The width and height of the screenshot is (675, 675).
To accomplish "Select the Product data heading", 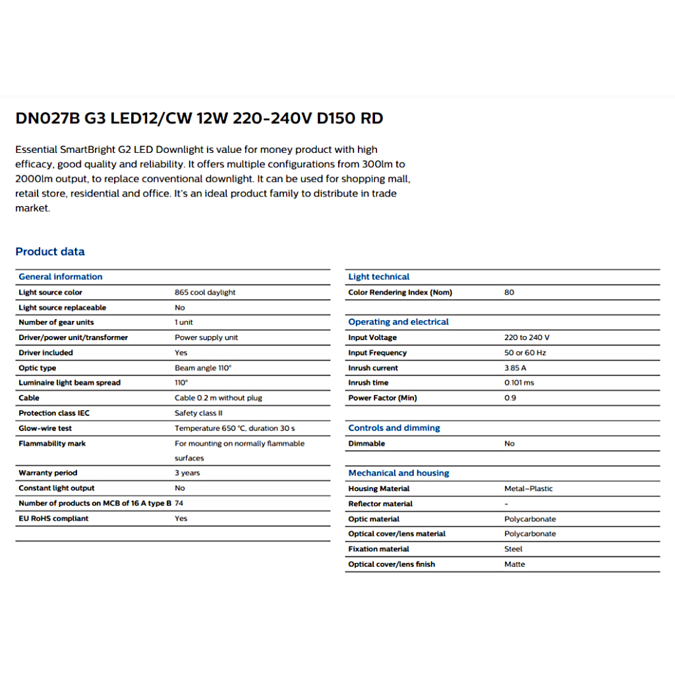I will click(50, 251).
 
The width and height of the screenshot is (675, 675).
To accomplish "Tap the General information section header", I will click(61, 277).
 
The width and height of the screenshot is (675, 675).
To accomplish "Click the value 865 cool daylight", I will click(205, 293).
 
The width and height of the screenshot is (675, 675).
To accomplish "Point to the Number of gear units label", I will click(56, 322).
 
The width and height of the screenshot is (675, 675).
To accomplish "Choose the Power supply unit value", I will click(206, 337).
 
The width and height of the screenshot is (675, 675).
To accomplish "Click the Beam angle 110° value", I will click(203, 368).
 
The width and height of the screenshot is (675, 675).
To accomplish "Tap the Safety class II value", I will click(198, 413).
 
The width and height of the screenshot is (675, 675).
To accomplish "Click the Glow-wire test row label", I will click(45, 428).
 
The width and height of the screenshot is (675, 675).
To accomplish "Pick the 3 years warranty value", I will click(187, 473).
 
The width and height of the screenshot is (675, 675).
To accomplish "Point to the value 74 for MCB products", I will click(179, 503).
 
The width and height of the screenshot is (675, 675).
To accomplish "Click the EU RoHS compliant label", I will click(53, 518).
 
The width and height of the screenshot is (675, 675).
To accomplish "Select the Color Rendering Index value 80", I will click(509, 293).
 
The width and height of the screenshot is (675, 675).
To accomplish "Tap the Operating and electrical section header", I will click(398, 322).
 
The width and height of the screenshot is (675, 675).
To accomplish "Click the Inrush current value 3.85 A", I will click(515, 368).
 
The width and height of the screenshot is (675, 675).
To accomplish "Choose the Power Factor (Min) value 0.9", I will click(510, 398).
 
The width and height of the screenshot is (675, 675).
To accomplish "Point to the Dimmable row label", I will click(367, 444).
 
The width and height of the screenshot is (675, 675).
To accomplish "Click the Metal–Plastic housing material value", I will click(529, 488).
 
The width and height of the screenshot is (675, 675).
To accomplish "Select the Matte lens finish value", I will click(515, 564).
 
